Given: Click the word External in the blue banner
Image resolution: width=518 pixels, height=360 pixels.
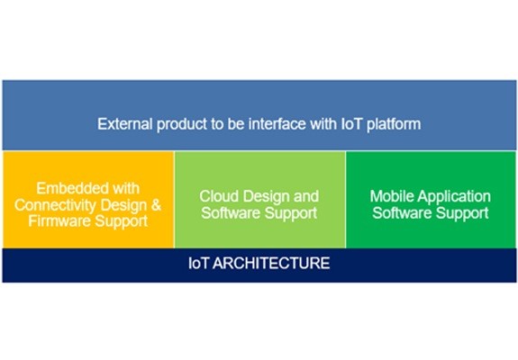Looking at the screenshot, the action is pyautogui.click(x=125, y=124).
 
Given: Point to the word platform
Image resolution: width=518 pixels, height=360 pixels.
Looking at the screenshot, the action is pyautogui.click(x=394, y=125).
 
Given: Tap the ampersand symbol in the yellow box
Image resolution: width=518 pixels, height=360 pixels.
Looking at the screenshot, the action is pyautogui.click(x=156, y=205).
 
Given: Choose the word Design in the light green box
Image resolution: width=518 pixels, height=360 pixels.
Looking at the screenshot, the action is pyautogui.click(x=268, y=197).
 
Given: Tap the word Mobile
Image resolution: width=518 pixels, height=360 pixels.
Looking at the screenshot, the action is pyautogui.click(x=392, y=196).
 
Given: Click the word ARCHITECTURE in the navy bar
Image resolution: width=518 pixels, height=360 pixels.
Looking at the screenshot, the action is pyautogui.click(x=271, y=264).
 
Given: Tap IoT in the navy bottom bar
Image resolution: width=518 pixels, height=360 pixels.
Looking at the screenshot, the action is pyautogui.click(x=198, y=264).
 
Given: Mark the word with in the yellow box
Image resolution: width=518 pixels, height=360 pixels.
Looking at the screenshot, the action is pyautogui.click(x=126, y=188).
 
